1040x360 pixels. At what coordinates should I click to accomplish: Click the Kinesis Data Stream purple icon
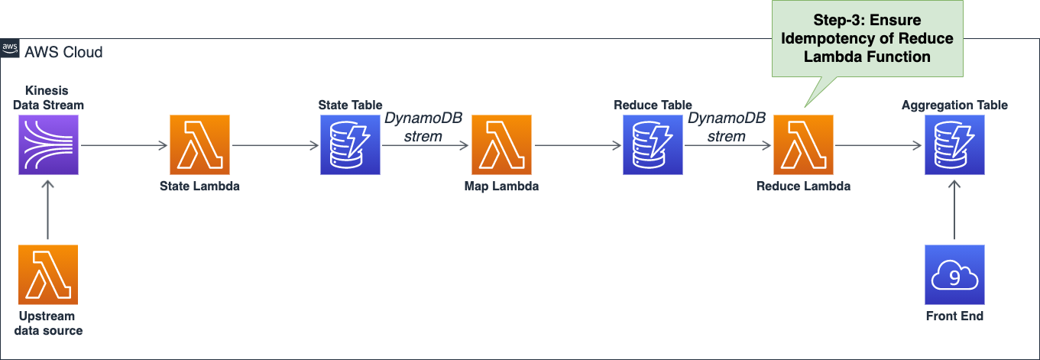48,145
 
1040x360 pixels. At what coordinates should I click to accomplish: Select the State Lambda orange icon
199,145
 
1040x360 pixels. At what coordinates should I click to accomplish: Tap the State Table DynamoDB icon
350,145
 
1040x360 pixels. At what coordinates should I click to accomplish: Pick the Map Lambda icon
501,145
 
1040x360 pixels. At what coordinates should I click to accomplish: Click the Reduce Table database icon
653,145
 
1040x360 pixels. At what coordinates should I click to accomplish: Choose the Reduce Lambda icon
803,145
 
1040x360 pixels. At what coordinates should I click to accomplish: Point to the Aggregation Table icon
954,145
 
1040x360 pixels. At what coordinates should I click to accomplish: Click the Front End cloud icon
954,275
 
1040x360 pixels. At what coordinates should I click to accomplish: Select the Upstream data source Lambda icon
48,275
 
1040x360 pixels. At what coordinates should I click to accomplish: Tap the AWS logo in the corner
10,48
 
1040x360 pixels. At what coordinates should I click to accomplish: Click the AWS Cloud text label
63,52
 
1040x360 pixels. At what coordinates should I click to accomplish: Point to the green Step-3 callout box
867,38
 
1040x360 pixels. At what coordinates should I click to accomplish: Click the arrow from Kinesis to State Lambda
124,145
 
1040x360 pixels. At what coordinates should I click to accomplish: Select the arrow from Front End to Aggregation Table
954,210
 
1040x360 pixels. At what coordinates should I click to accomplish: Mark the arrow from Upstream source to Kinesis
48,210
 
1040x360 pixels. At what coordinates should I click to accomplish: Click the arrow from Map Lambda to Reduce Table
578,145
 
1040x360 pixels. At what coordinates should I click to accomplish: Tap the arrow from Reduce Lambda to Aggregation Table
879,145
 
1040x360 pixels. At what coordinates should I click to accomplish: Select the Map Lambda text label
501,186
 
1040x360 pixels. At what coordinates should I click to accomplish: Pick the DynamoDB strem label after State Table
423,128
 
